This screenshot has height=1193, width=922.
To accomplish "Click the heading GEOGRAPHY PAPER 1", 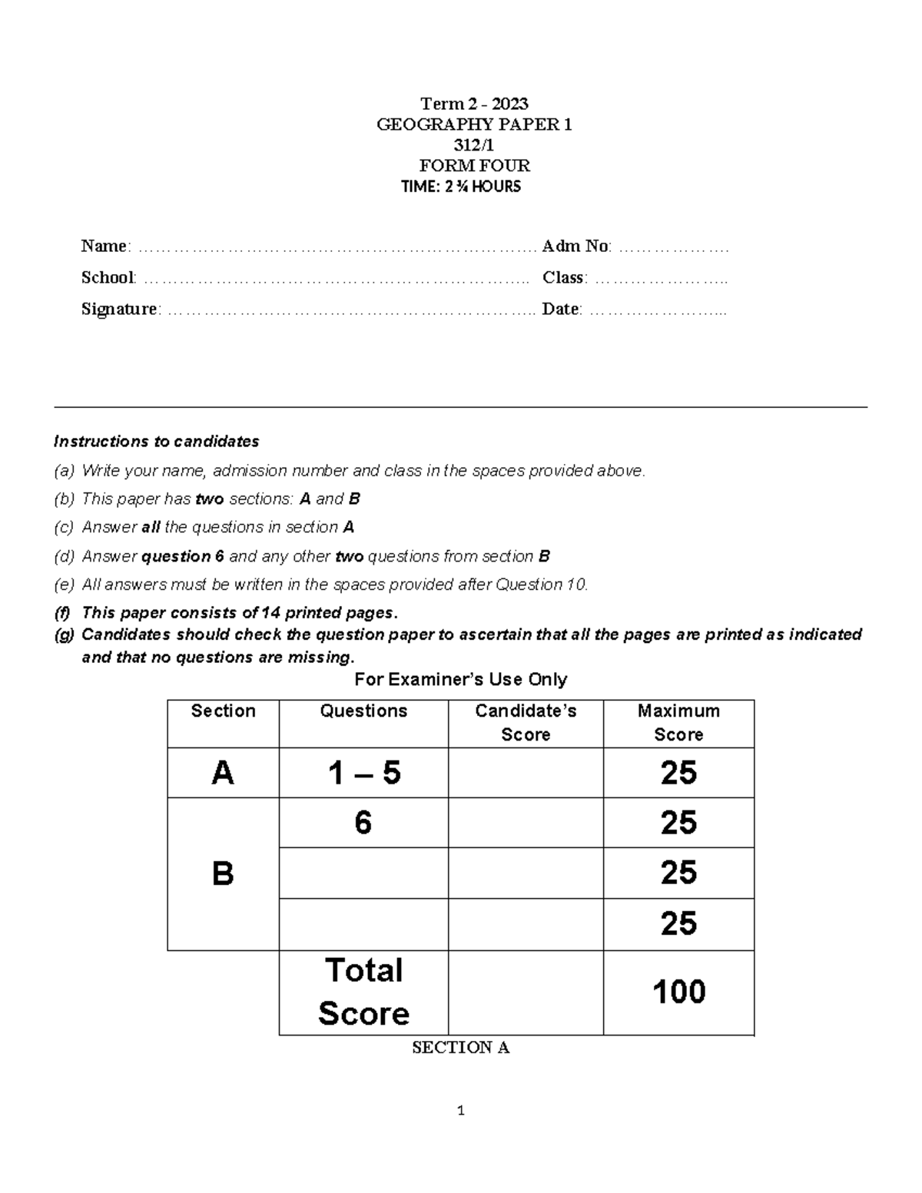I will pyautogui.click(x=474, y=124).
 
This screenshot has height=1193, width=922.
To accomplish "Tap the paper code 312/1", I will pyautogui.click(x=474, y=145).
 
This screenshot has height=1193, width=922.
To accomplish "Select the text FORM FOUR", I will pyautogui.click(x=474, y=166).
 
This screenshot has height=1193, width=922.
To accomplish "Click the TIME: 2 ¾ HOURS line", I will pyautogui.click(x=461, y=187).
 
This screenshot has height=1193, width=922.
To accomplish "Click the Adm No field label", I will pyautogui.click(x=576, y=246).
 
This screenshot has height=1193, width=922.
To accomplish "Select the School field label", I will pyautogui.click(x=108, y=277).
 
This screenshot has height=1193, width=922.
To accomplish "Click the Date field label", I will pyautogui.click(x=562, y=309).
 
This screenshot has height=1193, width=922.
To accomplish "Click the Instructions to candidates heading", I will pyautogui.click(x=156, y=442).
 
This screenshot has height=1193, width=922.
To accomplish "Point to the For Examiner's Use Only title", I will pyautogui.click(x=460, y=680).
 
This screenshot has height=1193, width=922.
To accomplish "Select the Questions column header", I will pyautogui.click(x=363, y=711).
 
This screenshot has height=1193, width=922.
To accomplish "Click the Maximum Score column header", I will pyautogui.click(x=678, y=722).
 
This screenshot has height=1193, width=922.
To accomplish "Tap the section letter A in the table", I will pyautogui.click(x=223, y=773).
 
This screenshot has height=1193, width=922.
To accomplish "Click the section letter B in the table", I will pyautogui.click(x=223, y=873).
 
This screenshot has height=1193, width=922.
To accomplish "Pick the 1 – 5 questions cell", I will pyautogui.click(x=363, y=773).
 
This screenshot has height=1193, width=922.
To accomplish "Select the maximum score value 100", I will pyautogui.click(x=678, y=992).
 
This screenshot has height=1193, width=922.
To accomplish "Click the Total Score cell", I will pyautogui.click(x=363, y=992).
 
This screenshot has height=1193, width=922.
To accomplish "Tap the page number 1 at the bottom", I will pyautogui.click(x=460, y=1111).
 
